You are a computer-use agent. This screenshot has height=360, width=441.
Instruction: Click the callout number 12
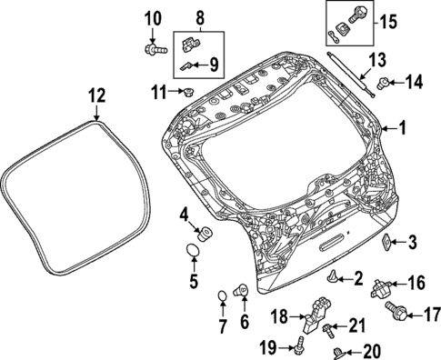pyautogui.click(x=96, y=94)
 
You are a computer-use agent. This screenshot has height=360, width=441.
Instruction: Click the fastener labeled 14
pyautogui.click(x=386, y=85)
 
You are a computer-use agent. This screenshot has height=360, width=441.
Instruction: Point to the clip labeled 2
pyautogui.click(x=336, y=276)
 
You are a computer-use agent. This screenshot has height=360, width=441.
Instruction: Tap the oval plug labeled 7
pyautogui.click(x=221, y=296)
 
